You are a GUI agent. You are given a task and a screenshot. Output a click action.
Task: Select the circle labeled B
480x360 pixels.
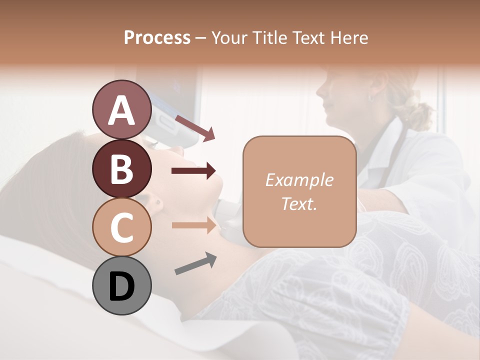(x=121, y=168)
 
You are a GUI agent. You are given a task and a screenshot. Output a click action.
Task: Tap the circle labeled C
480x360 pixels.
(x=121, y=227)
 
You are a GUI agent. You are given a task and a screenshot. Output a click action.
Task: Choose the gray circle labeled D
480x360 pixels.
(x=121, y=285)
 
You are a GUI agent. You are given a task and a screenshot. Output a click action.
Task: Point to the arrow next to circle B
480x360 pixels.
(x=193, y=171)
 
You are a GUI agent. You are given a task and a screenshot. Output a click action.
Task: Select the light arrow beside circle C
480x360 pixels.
(x=193, y=225)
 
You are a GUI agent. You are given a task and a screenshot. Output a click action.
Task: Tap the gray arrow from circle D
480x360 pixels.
(x=195, y=263)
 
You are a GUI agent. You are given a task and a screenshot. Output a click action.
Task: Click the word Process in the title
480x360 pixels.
(x=157, y=37)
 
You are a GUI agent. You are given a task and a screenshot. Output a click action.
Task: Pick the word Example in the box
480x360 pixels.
(x=299, y=180)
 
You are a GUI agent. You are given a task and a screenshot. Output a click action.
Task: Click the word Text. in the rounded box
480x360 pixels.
(x=299, y=203)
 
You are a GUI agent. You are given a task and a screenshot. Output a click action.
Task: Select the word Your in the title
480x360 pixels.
(x=228, y=37)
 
